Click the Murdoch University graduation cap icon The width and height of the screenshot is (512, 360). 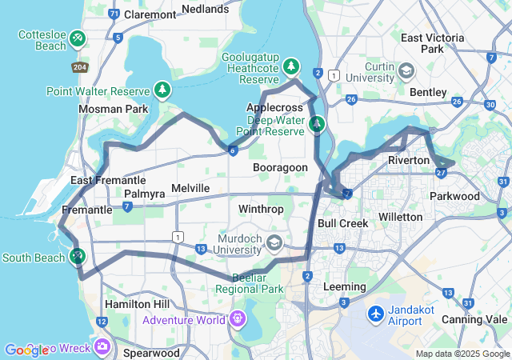click(x=274, y=242)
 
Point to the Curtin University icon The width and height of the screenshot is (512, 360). click(x=406, y=72)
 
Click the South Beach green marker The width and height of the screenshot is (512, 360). click(x=78, y=257)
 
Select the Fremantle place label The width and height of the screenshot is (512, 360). click(x=86, y=210)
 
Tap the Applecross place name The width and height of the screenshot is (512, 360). click(x=274, y=107)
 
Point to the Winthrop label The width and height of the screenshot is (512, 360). click(x=261, y=210)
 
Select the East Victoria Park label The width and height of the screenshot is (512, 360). click(x=432, y=43)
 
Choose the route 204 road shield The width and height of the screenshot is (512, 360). click(x=79, y=67)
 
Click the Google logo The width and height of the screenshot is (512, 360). click(x=26, y=350)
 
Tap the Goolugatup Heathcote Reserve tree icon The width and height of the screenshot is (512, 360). click(x=292, y=64)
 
